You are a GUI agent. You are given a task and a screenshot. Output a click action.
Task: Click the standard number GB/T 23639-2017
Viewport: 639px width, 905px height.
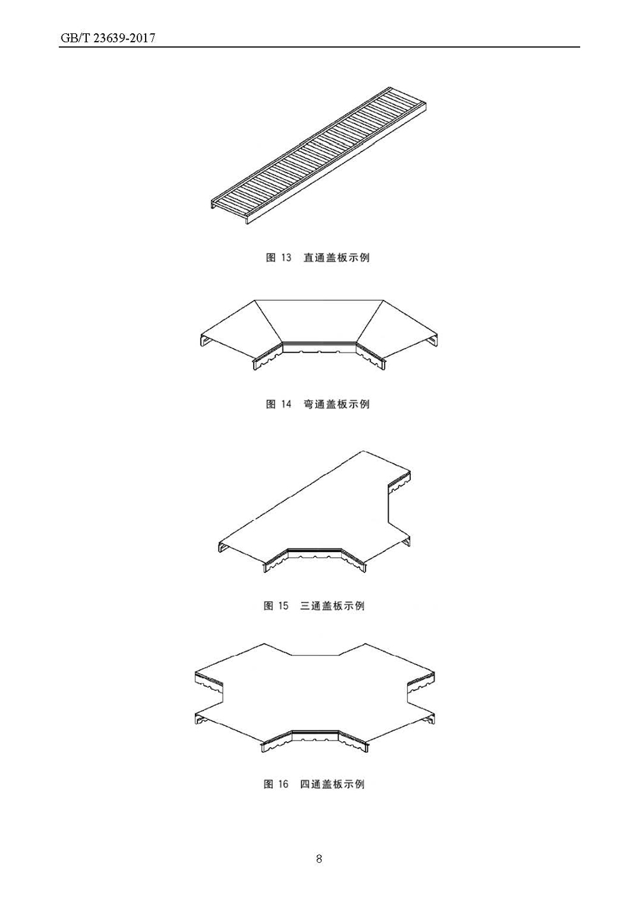[108, 38]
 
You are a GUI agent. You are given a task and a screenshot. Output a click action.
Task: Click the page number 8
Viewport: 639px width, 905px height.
[319, 858]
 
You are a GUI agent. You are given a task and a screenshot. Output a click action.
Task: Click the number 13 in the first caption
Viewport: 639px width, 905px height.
[286, 258]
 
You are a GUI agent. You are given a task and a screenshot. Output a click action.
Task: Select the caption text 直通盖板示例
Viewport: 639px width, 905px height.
[336, 258]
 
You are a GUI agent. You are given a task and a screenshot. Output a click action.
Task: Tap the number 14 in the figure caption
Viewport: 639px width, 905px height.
[286, 404]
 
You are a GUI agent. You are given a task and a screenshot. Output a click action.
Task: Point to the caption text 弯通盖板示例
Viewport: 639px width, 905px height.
[336, 404]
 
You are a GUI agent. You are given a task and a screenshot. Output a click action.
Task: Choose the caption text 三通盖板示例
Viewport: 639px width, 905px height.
[332, 606]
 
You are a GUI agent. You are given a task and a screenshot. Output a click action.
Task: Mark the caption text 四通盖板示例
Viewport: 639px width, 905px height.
[332, 784]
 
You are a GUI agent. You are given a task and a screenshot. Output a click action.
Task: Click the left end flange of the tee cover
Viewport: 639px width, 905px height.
[221, 547]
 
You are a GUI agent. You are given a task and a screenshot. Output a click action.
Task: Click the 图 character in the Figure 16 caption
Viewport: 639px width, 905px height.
[269, 784]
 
